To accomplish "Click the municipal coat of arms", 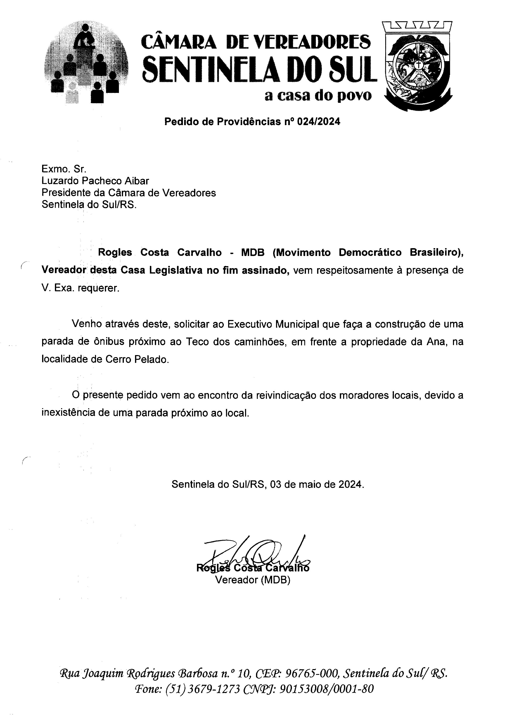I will (418, 66).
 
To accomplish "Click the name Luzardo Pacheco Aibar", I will (95, 181).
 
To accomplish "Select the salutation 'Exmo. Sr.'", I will (64, 169).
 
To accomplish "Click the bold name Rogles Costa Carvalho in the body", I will (160, 252).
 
